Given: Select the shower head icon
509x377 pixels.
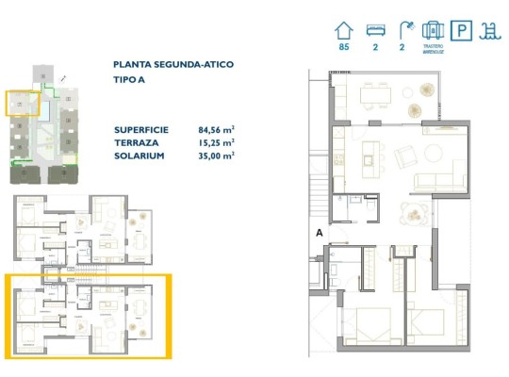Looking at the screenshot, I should [404, 29].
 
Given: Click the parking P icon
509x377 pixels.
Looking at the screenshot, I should [464, 29].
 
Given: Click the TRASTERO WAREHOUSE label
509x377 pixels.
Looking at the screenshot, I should [434, 48].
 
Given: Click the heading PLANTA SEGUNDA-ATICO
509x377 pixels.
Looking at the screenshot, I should [173, 64].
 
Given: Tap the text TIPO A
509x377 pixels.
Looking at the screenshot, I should [130, 80].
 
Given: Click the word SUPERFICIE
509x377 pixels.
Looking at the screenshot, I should [141, 131].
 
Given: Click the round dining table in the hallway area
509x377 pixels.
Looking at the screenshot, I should [413, 213].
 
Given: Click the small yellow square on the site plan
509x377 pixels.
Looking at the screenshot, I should [23, 103].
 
